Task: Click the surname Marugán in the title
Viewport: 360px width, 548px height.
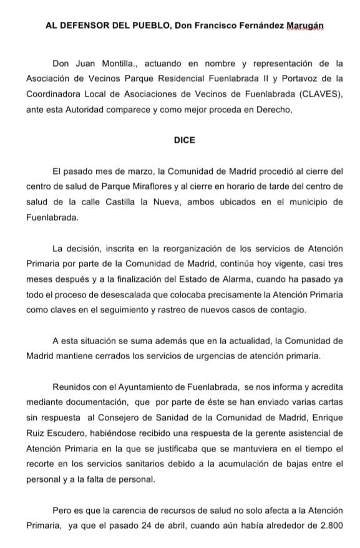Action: click(306, 26)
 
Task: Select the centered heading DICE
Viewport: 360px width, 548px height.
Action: click(184, 140)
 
